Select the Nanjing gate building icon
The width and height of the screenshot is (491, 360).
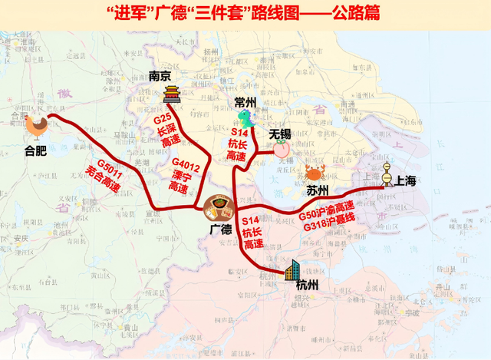[x=172, y=95]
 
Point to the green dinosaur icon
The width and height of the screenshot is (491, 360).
[x=245, y=119]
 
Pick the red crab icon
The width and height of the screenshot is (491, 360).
[x=314, y=171]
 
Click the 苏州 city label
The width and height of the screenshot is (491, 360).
[x=317, y=189]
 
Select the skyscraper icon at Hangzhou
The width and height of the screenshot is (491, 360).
[x=292, y=269]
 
